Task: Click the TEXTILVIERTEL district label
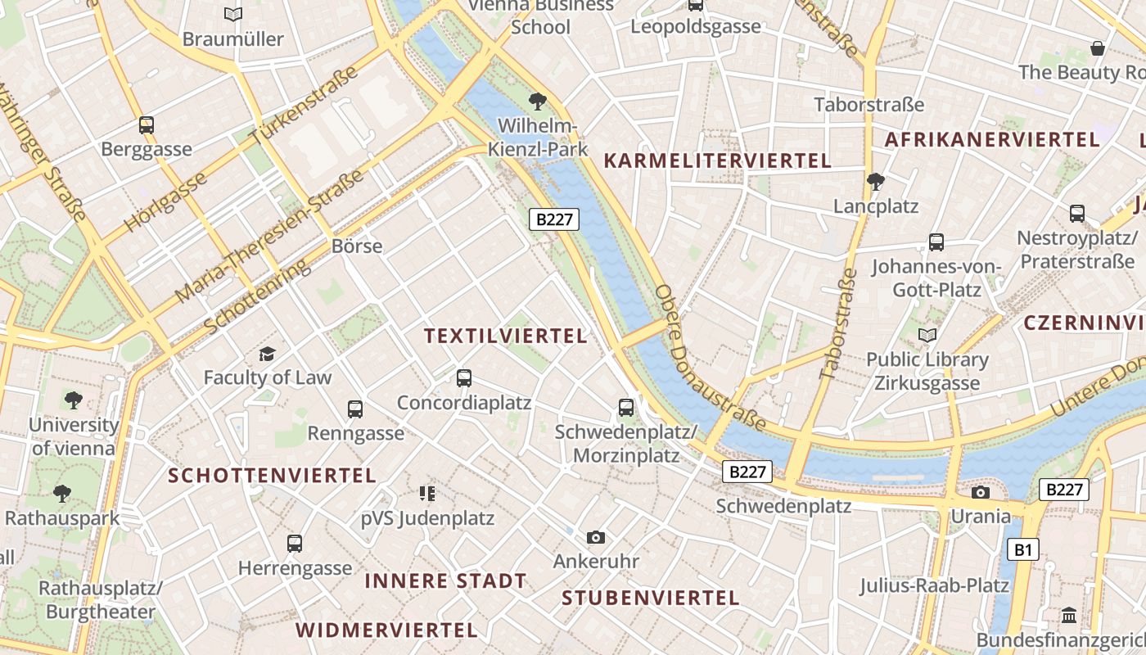point(506,336)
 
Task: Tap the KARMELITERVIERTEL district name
point(717,160)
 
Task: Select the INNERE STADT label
point(445,581)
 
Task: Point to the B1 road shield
point(1023,549)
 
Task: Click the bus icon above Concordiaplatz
point(464,378)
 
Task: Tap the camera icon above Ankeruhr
point(596,537)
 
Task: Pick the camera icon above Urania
point(980,492)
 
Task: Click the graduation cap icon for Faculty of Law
point(267,354)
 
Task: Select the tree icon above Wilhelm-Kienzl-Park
point(538,102)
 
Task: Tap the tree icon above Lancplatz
point(876,182)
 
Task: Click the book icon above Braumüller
point(233,14)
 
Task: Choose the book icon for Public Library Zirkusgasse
point(927,335)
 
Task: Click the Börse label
point(357,246)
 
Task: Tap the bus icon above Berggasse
point(147,125)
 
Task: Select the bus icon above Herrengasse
point(295,543)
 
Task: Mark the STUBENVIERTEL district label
point(650,598)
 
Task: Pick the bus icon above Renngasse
point(355,409)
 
